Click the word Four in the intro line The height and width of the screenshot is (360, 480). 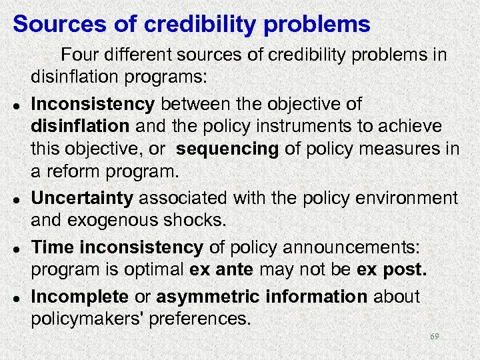tap(79, 55)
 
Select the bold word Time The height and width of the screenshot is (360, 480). tap(53, 247)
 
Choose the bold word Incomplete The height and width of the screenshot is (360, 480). tap(79, 297)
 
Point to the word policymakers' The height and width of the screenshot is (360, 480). tap(89, 319)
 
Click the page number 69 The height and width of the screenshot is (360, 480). tap(435, 337)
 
